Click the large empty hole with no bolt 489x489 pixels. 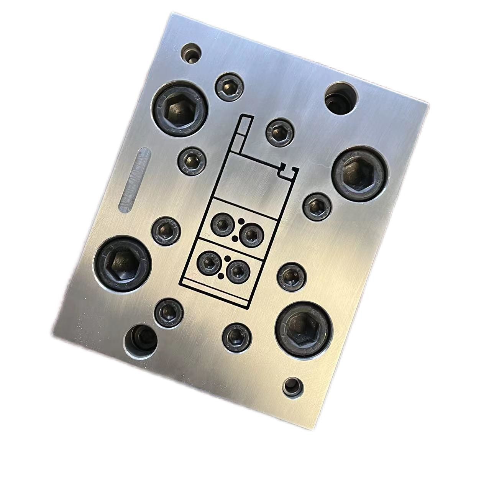click(x=341, y=98)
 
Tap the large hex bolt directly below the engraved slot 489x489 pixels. click(x=122, y=264)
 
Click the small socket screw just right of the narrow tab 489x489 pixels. click(x=280, y=132)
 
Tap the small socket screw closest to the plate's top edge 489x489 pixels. click(x=230, y=86)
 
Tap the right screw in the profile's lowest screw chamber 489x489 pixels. click(x=238, y=271)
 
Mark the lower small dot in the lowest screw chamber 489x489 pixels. click(x=221, y=276)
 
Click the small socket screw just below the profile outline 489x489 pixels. click(x=236, y=336)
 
